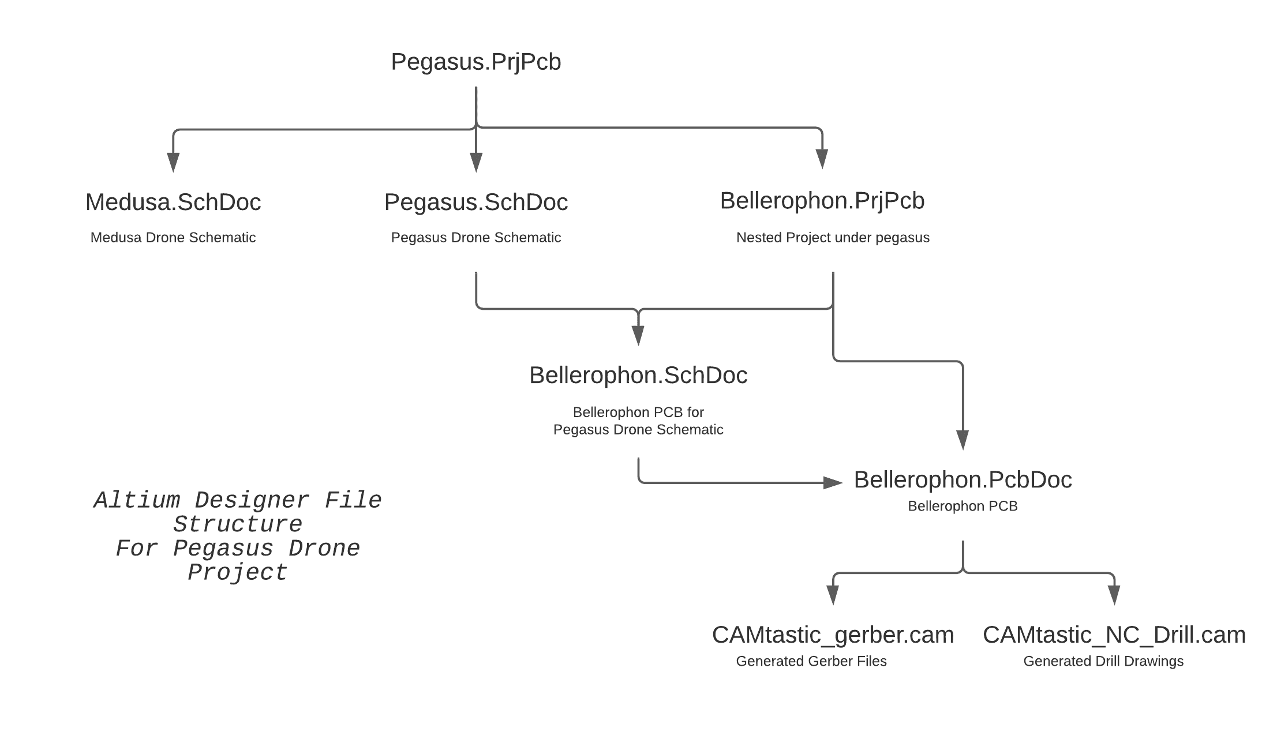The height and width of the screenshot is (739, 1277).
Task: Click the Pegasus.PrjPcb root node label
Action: pos(475,62)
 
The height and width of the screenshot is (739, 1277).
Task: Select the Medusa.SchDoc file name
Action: pos(173,202)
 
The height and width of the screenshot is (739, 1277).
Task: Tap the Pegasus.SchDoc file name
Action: pos(475,202)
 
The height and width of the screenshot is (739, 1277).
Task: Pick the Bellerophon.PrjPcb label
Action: pos(822,201)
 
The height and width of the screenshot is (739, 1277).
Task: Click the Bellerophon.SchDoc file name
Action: pos(638,376)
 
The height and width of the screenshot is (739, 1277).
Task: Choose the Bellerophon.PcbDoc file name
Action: pos(963,480)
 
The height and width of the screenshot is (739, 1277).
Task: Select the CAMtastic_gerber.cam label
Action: pos(832,635)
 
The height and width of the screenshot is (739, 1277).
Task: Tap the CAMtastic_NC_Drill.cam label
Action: pos(1114,635)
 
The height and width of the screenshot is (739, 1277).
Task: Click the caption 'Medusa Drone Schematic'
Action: pos(173,238)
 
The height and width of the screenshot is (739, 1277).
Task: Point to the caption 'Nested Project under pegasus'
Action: pos(832,238)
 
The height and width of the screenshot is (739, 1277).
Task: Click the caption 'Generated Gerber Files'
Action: pos(811,661)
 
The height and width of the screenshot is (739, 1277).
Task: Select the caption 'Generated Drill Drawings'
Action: pos(1103,661)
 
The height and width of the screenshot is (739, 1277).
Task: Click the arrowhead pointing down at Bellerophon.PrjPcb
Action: pos(822,159)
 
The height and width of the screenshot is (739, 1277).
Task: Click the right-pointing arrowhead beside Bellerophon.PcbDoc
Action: pos(832,482)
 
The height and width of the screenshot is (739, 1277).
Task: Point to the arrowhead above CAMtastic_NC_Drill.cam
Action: pos(1114,595)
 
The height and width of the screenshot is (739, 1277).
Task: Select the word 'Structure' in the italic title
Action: pos(238,524)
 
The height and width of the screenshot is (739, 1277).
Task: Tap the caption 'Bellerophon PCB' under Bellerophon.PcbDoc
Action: pos(962,507)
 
